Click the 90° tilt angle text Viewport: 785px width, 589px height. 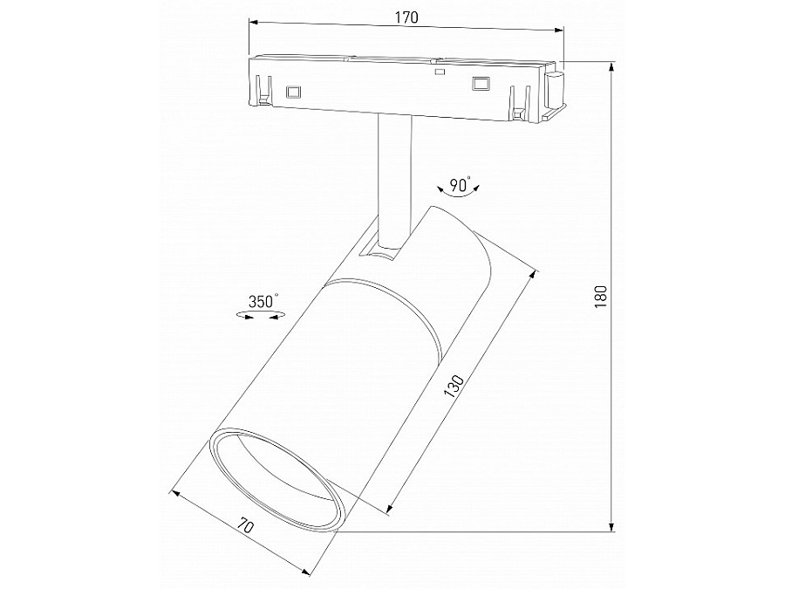pos(460,184)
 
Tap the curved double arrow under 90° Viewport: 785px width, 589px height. pos(461,198)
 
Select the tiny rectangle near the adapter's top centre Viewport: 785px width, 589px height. pos(440,73)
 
